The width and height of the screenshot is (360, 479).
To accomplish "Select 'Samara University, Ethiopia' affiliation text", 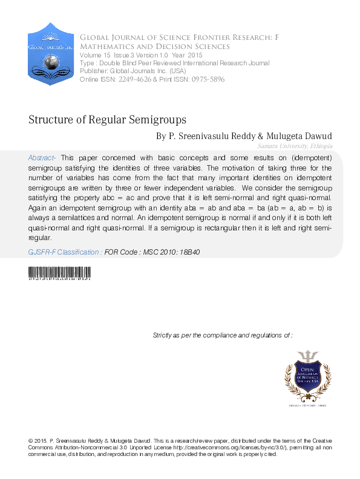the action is point(295,146).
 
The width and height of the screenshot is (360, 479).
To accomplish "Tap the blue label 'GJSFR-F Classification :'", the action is point(65,251).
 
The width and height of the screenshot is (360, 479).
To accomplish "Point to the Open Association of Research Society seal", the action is point(306,375).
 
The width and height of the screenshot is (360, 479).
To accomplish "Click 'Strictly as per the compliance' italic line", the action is point(223,334).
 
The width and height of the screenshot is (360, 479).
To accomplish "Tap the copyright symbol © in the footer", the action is point(31,440).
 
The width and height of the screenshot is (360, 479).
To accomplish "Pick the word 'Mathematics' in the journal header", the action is point(110,47).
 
